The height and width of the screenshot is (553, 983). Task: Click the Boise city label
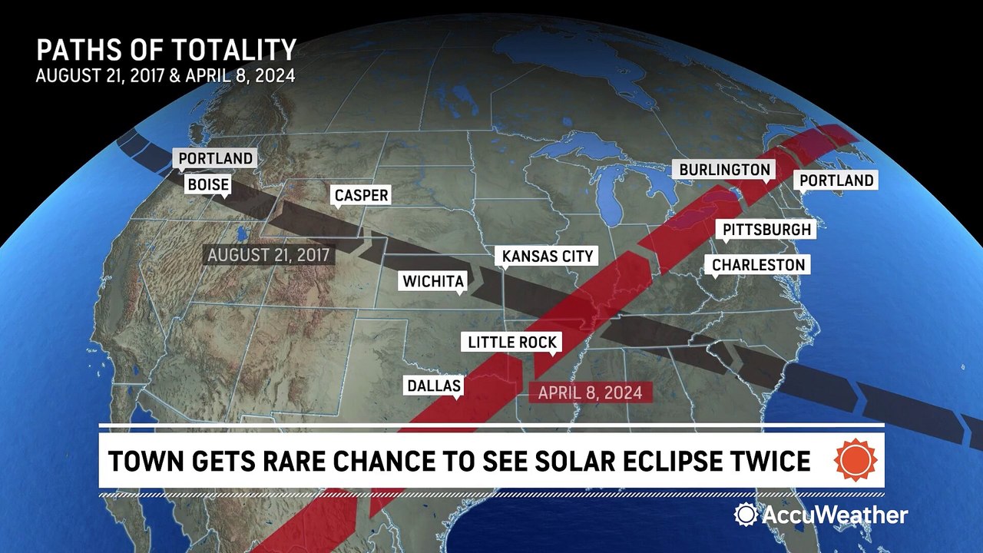point(208,185)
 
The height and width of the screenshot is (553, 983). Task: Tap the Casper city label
point(361,196)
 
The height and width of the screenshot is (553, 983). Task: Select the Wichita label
point(433,282)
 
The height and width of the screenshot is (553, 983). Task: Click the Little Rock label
point(512,343)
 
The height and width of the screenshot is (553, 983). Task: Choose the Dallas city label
point(434,386)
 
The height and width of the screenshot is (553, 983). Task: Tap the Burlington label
point(724,170)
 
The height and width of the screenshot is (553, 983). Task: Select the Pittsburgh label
point(766,230)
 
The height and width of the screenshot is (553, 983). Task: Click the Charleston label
point(758,265)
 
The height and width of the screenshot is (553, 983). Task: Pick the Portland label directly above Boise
point(215,159)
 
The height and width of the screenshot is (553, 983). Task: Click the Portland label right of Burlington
point(836,180)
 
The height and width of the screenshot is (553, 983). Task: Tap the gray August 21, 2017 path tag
point(268,255)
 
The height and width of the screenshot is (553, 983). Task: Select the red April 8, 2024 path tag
point(590,392)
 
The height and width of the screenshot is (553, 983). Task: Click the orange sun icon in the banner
point(855,460)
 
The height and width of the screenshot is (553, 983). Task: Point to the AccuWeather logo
point(821,515)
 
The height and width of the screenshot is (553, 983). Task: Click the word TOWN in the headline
point(144,461)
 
